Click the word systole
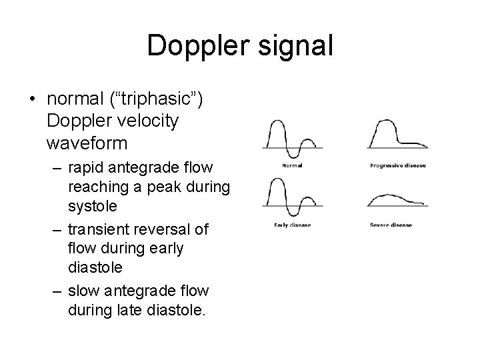[x=93, y=207]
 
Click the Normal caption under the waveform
[x=292, y=165]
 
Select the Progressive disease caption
[x=398, y=165]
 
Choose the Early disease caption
[x=292, y=225]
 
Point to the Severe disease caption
[x=391, y=225]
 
